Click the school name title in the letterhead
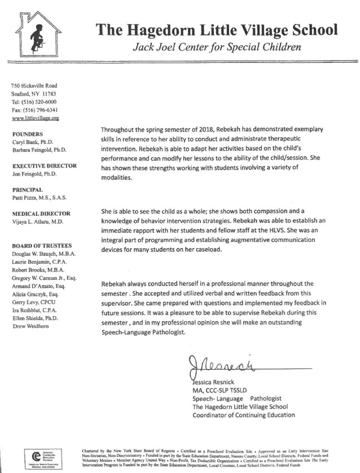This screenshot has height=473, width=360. pyautogui.click(x=217, y=30)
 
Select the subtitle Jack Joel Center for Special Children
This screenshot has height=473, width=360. pyautogui.click(x=217, y=47)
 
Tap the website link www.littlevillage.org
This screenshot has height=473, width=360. pyautogui.click(x=35, y=118)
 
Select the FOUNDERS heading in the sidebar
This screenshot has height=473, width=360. pyautogui.click(x=28, y=134)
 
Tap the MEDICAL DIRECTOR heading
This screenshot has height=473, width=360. pyautogui.click(x=42, y=213)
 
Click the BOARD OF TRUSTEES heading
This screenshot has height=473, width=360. pyautogui.click(x=42, y=246)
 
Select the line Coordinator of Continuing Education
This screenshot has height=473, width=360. pyautogui.click(x=244, y=414)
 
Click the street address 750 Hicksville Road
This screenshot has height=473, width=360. pyautogui.click(x=34, y=85)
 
